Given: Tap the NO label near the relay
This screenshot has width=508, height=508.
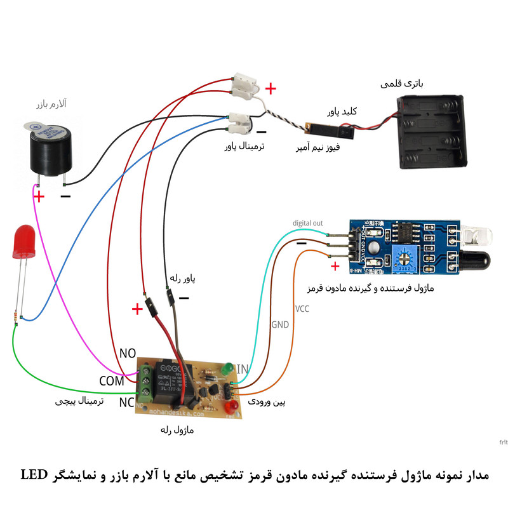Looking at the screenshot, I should click(x=128, y=353).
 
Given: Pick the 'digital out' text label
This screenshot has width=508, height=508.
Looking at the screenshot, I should click(x=308, y=224).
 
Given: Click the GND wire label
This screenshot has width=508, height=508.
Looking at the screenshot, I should click(x=280, y=324).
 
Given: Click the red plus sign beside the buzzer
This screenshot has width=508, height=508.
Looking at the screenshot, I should click(x=39, y=197).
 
